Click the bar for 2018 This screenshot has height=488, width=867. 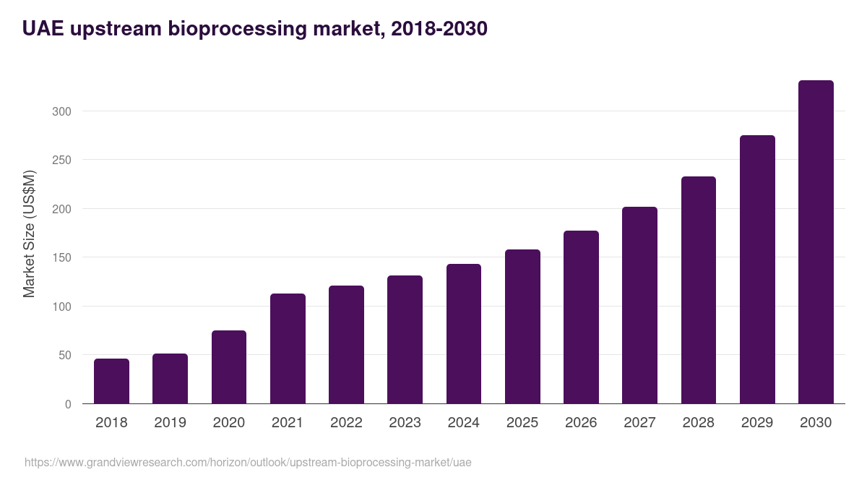click(x=111, y=381)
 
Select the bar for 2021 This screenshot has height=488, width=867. click(x=288, y=348)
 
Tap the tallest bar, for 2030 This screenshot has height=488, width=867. click(x=816, y=242)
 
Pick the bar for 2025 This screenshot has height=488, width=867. click(x=522, y=327)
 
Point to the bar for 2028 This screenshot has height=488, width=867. click(x=699, y=290)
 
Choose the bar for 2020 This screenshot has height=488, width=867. click(x=229, y=367)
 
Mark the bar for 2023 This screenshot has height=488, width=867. click(x=405, y=340)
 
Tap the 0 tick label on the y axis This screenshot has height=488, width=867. click(x=68, y=404)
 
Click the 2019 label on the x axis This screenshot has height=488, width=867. click(x=170, y=423)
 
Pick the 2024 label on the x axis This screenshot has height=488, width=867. click(x=463, y=423)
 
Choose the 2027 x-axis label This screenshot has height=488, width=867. click(x=639, y=423)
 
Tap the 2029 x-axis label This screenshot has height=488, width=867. click(x=757, y=423)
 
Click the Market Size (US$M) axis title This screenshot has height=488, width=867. click(x=29, y=234)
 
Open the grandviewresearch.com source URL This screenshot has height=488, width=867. click(x=248, y=462)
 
